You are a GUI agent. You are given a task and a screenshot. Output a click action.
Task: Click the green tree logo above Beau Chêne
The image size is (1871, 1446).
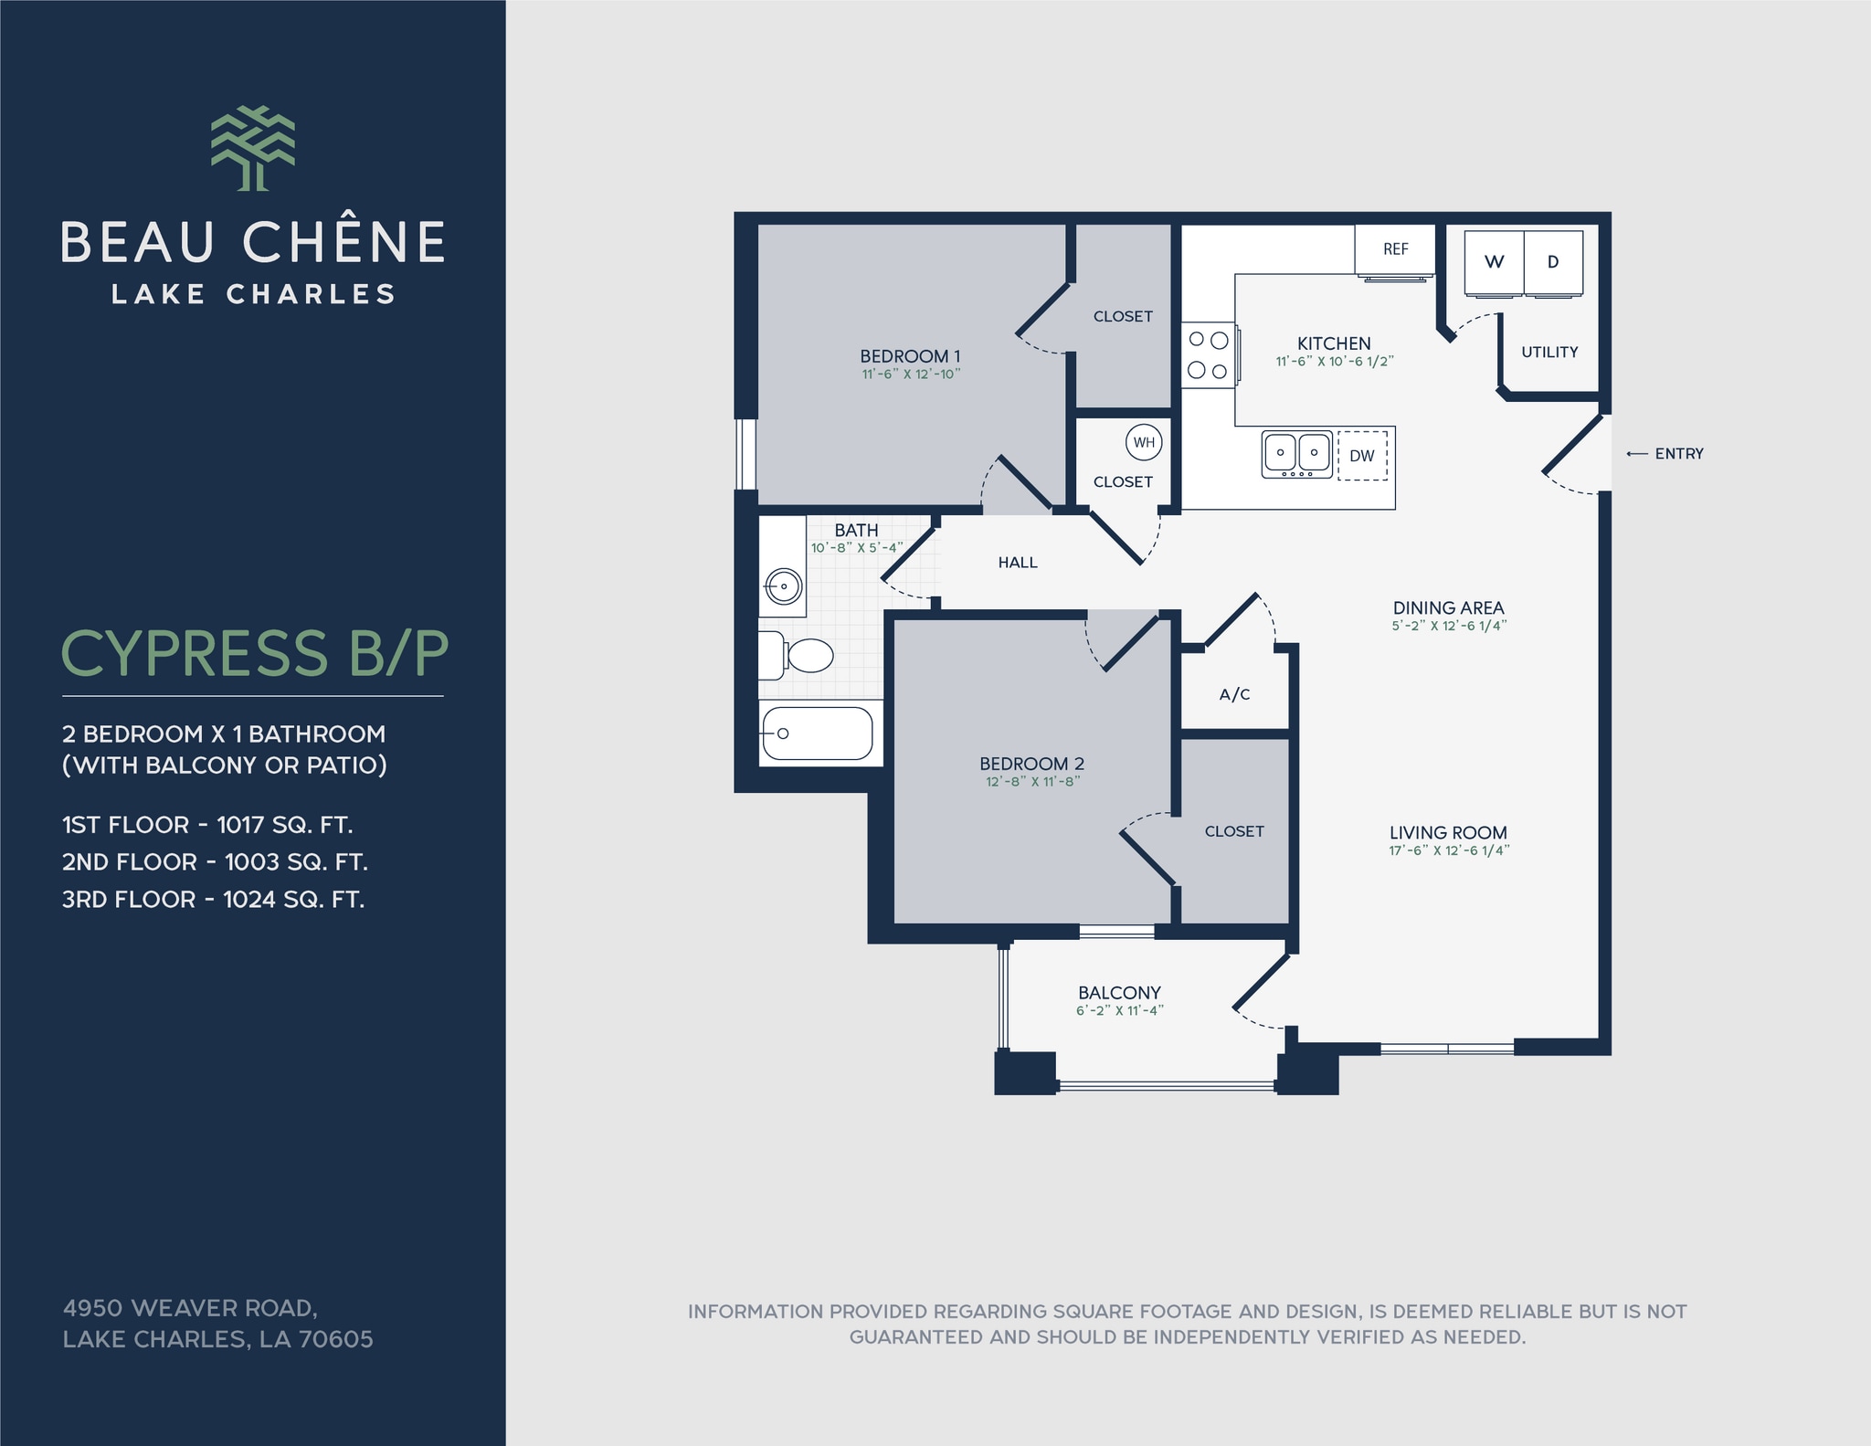coord(253,148)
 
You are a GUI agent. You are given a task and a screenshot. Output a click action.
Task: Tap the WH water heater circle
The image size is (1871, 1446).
coord(1144,443)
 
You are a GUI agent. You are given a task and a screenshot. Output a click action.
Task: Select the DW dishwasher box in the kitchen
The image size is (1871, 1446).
coord(1362,456)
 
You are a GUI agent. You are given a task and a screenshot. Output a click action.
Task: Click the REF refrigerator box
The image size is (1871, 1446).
coord(1395,249)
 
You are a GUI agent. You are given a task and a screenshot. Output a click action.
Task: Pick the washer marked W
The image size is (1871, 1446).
coord(1494,262)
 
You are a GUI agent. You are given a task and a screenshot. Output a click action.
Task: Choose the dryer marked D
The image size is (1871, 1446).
coord(1553,262)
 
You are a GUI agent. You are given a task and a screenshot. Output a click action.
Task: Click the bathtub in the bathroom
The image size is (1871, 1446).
coord(818,733)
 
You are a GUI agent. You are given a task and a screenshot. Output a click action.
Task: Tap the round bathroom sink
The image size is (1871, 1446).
coord(784,586)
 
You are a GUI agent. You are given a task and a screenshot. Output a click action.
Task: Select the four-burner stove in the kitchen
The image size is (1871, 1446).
coord(1208,355)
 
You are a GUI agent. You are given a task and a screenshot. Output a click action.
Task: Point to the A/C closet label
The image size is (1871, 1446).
coord(1234,695)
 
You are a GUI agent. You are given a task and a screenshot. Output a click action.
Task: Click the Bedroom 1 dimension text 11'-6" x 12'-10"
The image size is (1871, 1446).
coord(911,375)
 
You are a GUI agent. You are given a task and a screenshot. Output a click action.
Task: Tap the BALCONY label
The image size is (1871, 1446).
coord(1119,993)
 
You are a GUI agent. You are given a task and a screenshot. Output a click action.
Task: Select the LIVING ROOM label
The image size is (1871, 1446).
coord(1448,833)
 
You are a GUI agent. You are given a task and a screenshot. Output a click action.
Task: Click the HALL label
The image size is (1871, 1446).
coord(1018,563)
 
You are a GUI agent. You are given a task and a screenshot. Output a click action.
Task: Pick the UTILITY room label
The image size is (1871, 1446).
coord(1549,353)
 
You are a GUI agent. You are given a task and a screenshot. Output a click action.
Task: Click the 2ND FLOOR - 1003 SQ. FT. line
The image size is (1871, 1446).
coord(215,862)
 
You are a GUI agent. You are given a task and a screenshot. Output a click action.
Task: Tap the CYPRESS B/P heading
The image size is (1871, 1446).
coord(254,653)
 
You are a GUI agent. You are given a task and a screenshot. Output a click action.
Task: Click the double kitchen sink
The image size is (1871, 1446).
coord(1296,453)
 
